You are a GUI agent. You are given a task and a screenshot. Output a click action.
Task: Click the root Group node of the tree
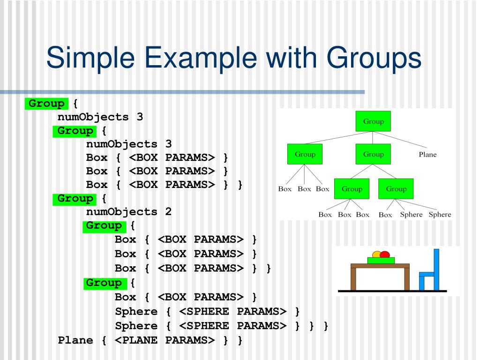(373, 121)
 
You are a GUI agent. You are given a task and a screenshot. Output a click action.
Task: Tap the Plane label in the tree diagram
(427, 154)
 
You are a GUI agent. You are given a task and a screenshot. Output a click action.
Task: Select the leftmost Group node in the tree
(305, 154)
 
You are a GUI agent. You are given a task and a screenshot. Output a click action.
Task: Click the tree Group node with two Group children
(373, 154)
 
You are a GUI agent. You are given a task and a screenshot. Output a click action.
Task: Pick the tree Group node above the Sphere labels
(396, 189)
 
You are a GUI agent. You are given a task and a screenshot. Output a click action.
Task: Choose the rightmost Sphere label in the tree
(440, 215)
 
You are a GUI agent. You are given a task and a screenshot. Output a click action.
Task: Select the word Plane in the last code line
(75, 340)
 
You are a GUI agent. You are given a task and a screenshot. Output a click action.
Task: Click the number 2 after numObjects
(168, 211)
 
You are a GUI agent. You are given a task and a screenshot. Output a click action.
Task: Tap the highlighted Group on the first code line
(46, 103)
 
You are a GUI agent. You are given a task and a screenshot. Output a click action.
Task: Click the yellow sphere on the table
(376, 255)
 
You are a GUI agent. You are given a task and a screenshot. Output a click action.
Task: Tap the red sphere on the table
(385, 255)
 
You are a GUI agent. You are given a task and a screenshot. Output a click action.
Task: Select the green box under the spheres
(381, 260)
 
